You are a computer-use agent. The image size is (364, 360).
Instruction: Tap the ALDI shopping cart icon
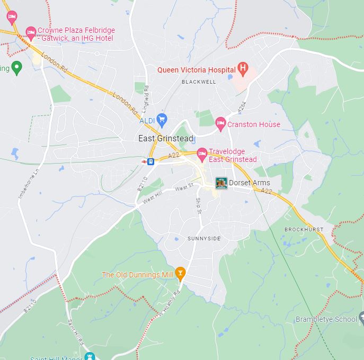click(x=162, y=119)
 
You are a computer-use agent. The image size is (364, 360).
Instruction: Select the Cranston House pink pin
click(x=221, y=124)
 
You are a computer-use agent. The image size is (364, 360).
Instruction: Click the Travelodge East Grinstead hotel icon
click(x=202, y=154)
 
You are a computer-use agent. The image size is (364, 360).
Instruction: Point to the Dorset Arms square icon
click(x=221, y=183)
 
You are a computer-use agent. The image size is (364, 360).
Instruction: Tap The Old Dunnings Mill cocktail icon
click(x=180, y=273)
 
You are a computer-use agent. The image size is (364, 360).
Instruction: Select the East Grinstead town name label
click(x=165, y=139)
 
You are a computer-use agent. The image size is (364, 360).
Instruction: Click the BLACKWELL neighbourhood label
click(x=199, y=82)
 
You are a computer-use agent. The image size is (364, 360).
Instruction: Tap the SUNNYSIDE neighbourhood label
click(x=204, y=239)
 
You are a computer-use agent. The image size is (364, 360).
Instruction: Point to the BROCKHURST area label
click(x=304, y=229)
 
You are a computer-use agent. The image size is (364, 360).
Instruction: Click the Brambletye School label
click(x=326, y=319)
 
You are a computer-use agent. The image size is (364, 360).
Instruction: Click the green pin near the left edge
click(x=16, y=67)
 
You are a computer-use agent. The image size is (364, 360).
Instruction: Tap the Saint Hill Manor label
click(x=53, y=357)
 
